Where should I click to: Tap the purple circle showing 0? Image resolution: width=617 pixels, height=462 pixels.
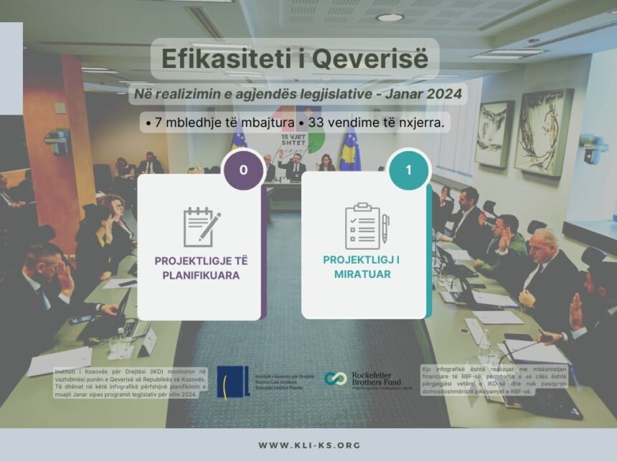click(243, 170)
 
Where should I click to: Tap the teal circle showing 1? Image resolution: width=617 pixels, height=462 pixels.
click(408, 170)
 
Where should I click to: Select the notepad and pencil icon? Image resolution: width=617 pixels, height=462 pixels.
click(201, 226)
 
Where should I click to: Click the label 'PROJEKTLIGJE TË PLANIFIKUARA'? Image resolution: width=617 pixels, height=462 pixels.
click(201, 266)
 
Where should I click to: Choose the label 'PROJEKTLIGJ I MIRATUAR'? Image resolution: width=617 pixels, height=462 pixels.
click(366, 266)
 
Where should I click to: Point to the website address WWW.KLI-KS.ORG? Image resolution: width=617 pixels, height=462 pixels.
click(308, 446)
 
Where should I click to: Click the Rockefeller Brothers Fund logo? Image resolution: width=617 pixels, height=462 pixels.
click(368, 380)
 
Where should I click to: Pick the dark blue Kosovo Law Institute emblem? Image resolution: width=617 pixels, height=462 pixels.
click(233, 381)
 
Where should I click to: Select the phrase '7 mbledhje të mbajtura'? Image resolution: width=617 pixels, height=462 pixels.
click(212, 123)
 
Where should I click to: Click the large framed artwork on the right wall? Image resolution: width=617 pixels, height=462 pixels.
click(543, 133)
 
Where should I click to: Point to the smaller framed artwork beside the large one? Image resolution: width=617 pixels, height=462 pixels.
click(494, 134)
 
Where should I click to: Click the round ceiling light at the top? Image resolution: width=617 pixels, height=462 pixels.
click(390, 17)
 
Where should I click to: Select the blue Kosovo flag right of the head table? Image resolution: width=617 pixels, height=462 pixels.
click(350, 152)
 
